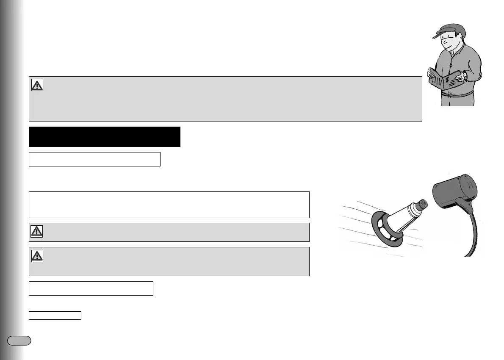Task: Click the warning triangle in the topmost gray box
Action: coord(37,85)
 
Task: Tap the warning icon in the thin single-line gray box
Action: coord(37,231)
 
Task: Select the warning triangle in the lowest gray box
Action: coord(37,256)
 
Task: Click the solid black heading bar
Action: coord(105,136)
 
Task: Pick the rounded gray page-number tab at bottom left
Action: coord(19,341)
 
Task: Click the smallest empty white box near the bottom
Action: coord(55,315)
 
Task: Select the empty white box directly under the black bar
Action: coord(94,159)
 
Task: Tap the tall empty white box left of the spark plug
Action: coord(169,205)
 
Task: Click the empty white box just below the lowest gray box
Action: coord(91,288)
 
